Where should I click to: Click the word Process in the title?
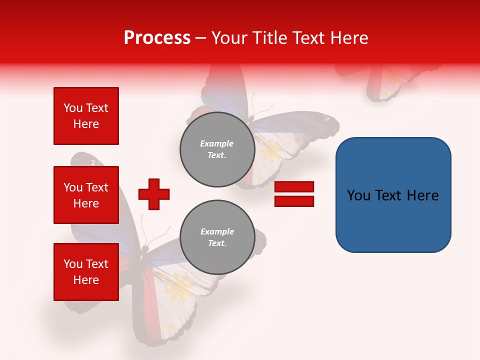point(157,38)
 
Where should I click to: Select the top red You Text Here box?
point(86,116)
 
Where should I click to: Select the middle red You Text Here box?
point(86,195)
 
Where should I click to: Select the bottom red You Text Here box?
point(86,272)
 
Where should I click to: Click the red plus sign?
point(153,194)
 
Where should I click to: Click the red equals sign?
point(294,194)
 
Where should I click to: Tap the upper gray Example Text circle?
point(217,149)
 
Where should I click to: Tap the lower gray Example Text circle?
point(217,237)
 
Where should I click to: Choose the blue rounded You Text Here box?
point(393,195)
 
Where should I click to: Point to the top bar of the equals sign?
point(294,187)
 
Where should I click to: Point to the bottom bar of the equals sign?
point(294,201)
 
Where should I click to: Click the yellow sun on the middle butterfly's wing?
point(270,149)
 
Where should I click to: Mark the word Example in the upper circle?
point(217,143)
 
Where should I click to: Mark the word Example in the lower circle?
point(217,231)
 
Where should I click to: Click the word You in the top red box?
point(72,108)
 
